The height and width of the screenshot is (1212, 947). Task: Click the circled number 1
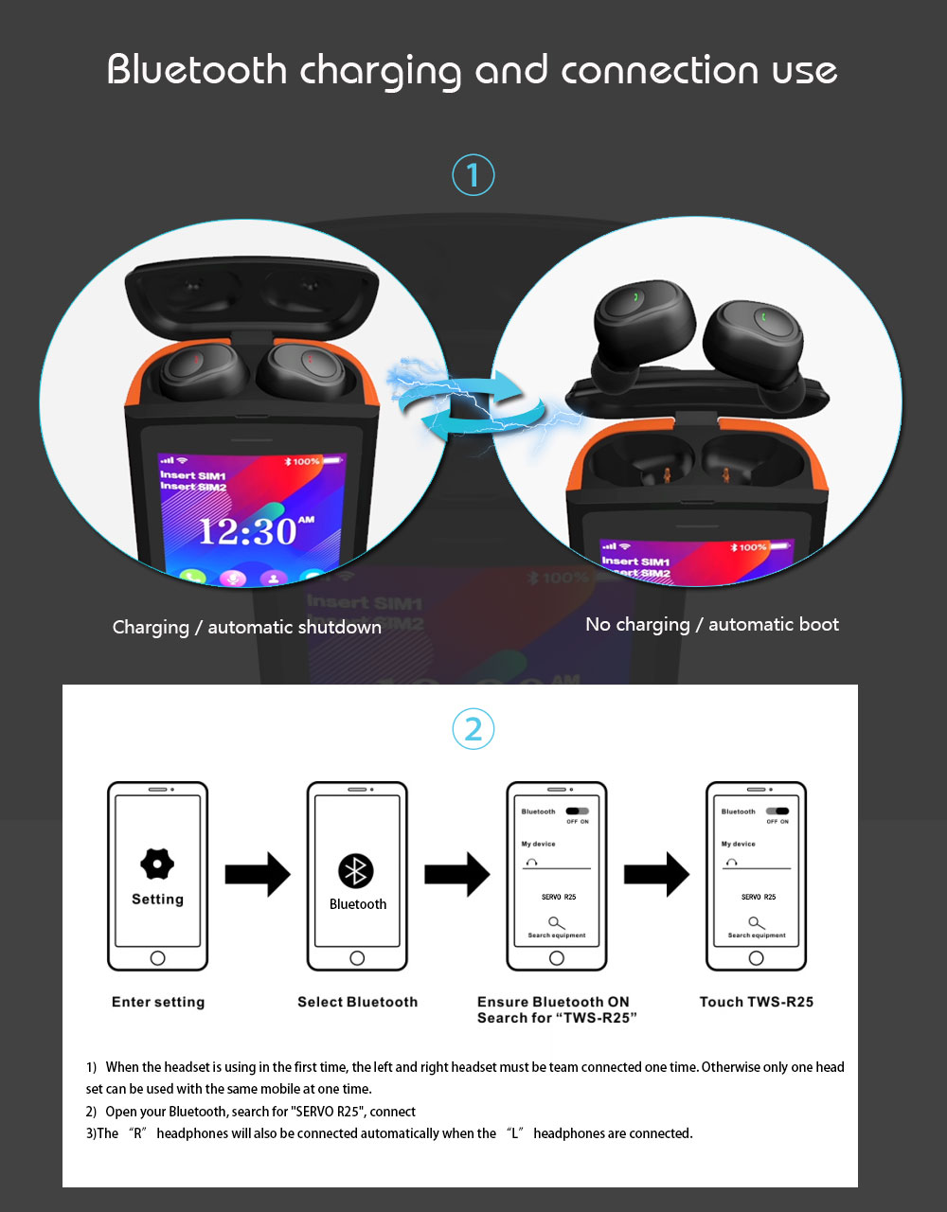pos(473,175)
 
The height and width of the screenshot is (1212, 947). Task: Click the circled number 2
pos(473,729)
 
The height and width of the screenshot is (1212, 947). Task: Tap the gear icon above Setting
pos(157,864)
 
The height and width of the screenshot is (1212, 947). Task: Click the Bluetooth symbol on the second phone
pos(356,871)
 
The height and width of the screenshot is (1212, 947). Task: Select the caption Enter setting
pos(158,1002)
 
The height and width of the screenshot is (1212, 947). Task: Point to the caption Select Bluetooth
pos(357,1002)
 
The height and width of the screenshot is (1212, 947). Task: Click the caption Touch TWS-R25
pos(756,1002)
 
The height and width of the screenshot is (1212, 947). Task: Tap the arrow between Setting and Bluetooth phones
pos(258,873)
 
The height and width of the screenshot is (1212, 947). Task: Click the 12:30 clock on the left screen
pos(248,531)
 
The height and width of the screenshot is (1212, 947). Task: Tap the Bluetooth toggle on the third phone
pos(577,811)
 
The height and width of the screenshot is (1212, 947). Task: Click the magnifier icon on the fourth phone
pos(755,922)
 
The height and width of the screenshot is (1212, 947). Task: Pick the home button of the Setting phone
pos(157,958)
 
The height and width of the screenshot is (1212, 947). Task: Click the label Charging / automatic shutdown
pos(246,627)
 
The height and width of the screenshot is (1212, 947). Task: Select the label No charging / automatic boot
pos(712,624)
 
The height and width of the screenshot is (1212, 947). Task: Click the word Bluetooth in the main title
pos(197,70)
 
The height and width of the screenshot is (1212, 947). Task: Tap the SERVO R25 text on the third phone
pos(559,897)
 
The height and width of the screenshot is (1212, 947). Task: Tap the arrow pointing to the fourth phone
pos(657,873)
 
